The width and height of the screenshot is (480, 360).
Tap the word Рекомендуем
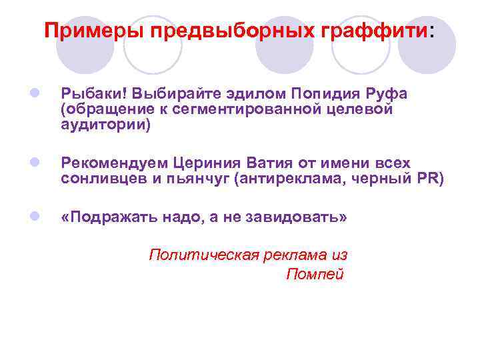114,164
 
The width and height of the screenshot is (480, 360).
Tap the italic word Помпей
315,274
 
